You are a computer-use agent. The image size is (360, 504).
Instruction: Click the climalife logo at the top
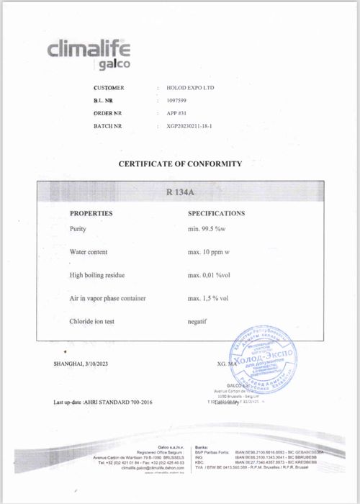click(x=89, y=55)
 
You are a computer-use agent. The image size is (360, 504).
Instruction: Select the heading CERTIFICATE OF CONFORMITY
click(x=180, y=164)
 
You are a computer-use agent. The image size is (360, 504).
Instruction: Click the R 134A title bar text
click(x=180, y=192)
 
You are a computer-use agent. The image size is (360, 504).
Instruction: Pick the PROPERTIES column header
click(x=91, y=214)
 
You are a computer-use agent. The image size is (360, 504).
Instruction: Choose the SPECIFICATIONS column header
click(x=216, y=214)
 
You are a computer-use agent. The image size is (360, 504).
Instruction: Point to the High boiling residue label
click(x=99, y=275)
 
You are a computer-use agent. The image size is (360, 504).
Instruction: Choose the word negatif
click(x=197, y=321)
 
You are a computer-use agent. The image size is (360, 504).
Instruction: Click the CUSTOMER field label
click(x=109, y=88)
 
